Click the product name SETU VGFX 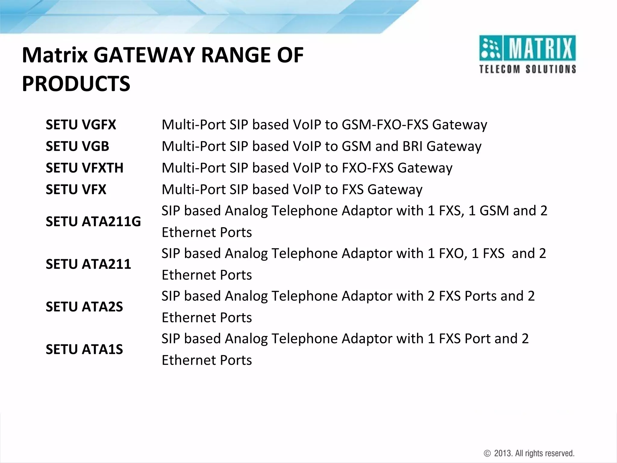pos(81,125)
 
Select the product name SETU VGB pos(77,146)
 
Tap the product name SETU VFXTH pos(84,168)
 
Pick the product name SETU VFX pos(76,190)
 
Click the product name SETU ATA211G pos(93,222)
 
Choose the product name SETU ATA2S pos(84,307)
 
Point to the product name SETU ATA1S pos(84,349)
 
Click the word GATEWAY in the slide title pos(145,55)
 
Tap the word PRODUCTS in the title pos(76,84)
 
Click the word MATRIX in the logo pos(540,48)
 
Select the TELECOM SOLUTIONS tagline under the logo pos(527,69)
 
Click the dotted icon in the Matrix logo pos(490,48)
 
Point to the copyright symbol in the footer pos(487,453)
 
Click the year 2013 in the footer pos(503,453)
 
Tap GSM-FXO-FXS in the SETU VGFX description pos(385,125)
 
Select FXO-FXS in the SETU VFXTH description pos(368,168)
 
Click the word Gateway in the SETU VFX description pos(395,190)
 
